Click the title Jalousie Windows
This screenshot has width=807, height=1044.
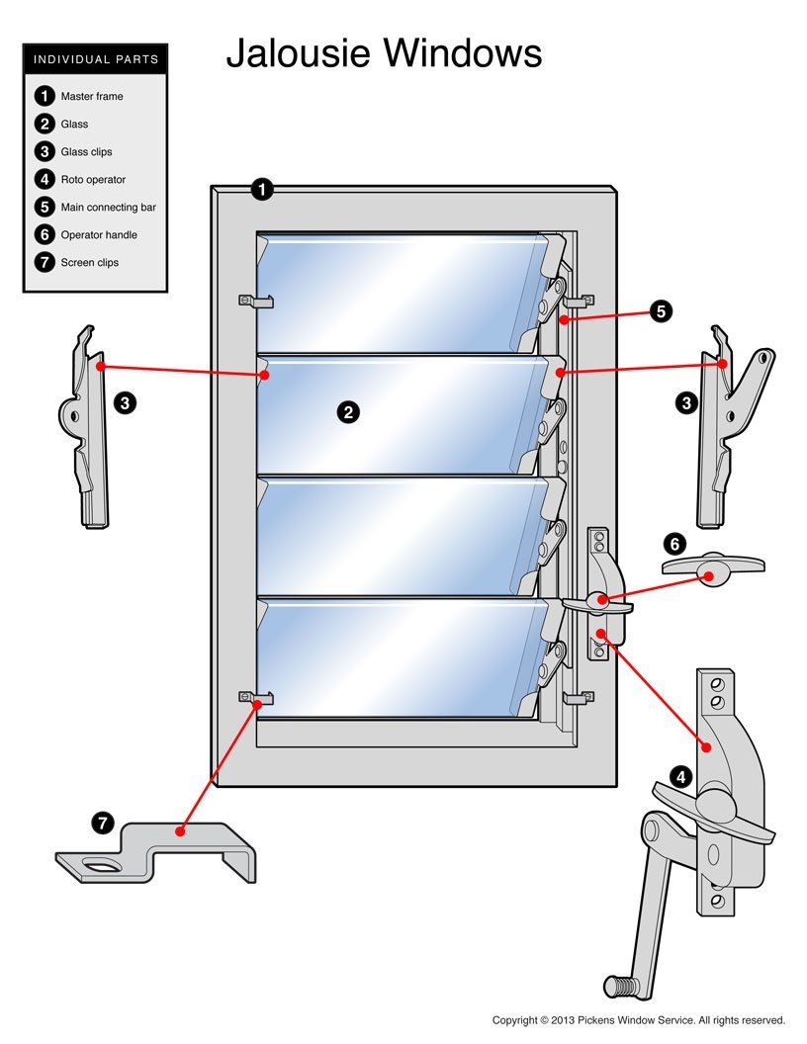384,52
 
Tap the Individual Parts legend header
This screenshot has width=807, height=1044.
96,59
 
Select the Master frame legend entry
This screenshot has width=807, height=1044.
91,97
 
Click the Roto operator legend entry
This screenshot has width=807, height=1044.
92,180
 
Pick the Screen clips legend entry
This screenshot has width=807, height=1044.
89,263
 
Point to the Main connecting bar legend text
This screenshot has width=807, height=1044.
108,208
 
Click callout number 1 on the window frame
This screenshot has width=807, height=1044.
262,190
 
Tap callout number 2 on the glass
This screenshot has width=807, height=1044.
348,413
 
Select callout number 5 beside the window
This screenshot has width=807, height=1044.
661,311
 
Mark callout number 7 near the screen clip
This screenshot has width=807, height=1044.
103,823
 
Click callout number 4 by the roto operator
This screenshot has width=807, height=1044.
680,777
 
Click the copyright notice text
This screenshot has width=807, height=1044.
638,1020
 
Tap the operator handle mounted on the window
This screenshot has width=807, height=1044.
597,600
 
